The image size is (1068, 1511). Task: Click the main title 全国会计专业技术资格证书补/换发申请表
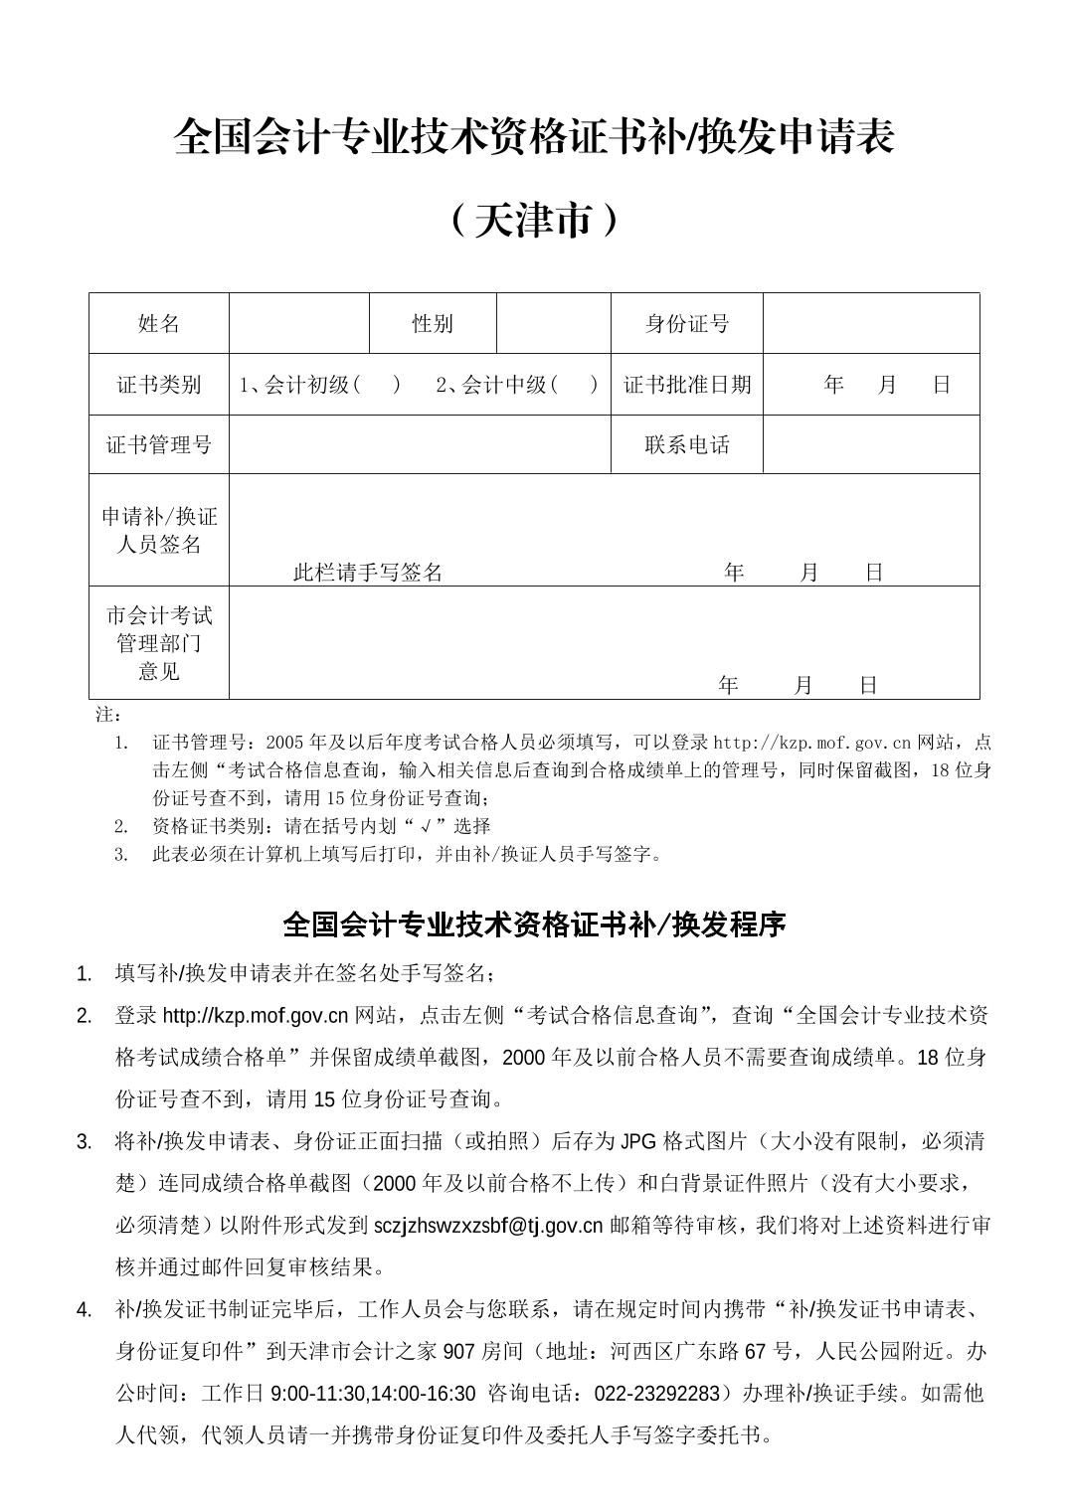(x=534, y=137)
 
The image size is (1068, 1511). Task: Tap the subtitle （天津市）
(x=534, y=220)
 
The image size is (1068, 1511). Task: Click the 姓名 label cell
(x=159, y=324)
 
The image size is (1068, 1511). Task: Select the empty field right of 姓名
(x=299, y=324)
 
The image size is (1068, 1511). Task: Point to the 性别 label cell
(x=433, y=324)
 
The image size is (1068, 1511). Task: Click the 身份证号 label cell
(x=686, y=324)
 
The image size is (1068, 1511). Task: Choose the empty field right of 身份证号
(x=871, y=324)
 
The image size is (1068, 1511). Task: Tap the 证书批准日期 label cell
(x=686, y=385)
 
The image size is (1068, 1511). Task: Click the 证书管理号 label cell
(x=159, y=444)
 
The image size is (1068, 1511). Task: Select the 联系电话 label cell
(x=686, y=444)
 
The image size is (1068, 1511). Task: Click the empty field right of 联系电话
(x=871, y=444)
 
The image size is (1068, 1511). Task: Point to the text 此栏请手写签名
(x=368, y=573)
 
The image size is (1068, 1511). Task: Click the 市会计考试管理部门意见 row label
(x=159, y=643)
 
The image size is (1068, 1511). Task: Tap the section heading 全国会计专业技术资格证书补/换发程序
(x=534, y=925)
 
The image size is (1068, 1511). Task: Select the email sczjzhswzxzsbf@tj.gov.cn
(x=488, y=1226)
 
